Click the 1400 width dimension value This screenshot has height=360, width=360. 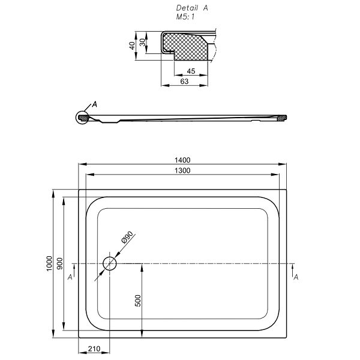point(183,160)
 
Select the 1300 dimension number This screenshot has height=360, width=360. point(183,170)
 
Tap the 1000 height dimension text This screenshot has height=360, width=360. point(49,264)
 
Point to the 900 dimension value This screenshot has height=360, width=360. point(61,264)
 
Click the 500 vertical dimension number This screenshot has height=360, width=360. point(138,301)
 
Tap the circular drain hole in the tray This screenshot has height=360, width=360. point(110,263)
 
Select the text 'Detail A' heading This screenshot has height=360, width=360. point(192,8)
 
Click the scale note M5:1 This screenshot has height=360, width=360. point(185,17)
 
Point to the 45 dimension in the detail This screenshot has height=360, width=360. point(191,71)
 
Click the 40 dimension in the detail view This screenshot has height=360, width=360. point(132,46)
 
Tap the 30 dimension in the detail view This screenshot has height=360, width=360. point(142,43)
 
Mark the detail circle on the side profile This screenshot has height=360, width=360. point(82,117)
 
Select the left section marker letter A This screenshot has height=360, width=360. point(70,277)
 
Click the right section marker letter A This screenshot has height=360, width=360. point(296,277)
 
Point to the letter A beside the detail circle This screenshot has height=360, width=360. point(94,104)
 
